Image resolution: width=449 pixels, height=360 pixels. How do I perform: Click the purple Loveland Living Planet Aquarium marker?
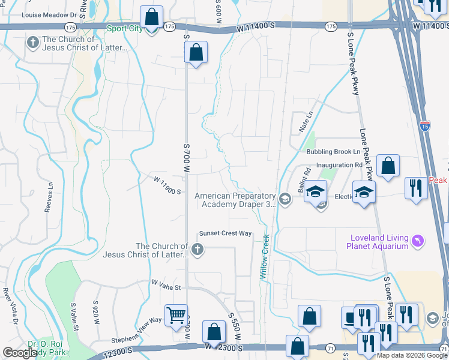tap(418, 242)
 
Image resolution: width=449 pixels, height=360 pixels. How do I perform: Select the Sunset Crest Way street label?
tap(225, 233)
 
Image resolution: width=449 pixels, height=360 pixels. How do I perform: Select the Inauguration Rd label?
tap(339, 164)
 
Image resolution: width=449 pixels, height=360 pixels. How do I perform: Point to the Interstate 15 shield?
tap(425, 126)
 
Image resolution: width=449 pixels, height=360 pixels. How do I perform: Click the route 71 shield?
tap(330, 348)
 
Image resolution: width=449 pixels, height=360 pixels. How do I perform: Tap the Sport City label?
tap(125, 28)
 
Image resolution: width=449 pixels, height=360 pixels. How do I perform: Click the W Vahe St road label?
tap(166, 284)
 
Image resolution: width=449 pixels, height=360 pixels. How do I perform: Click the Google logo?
tap(20, 352)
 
